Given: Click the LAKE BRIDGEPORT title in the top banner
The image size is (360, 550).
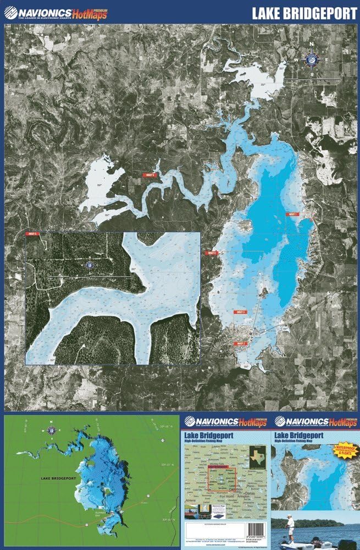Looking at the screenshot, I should (304, 14).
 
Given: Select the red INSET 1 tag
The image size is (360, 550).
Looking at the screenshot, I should (291, 214).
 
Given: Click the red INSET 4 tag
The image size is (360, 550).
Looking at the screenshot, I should (212, 253).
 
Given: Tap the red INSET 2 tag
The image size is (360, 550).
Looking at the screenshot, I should (241, 343).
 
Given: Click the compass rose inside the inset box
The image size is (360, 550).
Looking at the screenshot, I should (88, 265).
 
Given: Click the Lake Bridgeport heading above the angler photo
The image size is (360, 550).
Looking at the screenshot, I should (303, 436).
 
